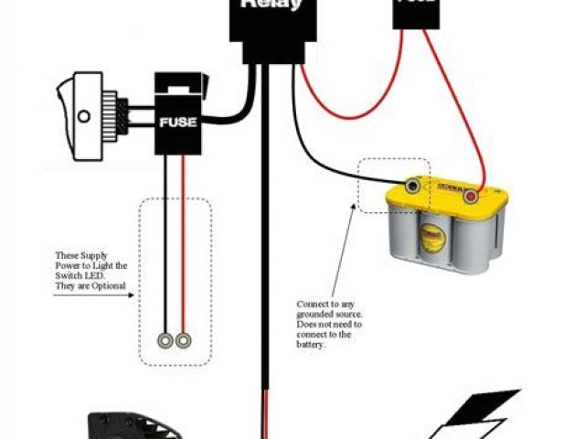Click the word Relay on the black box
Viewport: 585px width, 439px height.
(x=271, y=5)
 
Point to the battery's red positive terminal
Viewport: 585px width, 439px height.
(x=472, y=195)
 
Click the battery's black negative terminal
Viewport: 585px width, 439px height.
(x=414, y=187)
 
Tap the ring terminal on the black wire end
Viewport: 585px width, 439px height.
(x=165, y=341)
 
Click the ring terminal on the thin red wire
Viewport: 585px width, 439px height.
(x=184, y=341)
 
